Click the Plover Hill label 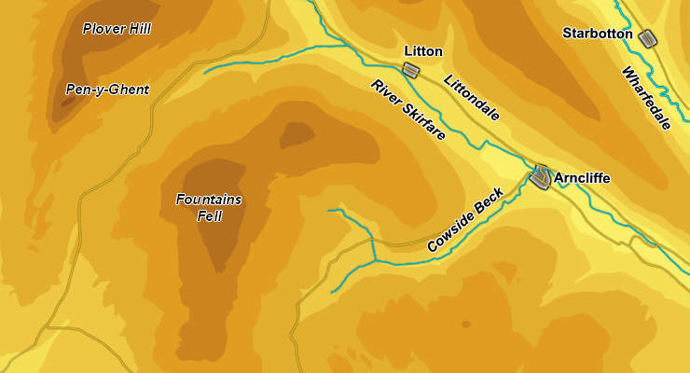(x=117, y=29)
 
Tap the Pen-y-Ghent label (x=107, y=90)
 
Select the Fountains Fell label (x=208, y=207)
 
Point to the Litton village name (x=423, y=51)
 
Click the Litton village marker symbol (x=410, y=70)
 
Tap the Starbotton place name (x=598, y=34)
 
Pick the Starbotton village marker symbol (x=647, y=37)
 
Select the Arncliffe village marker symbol (x=541, y=175)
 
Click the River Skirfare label (x=407, y=110)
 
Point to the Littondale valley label (x=472, y=98)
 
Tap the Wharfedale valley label (x=645, y=98)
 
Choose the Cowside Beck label (x=465, y=220)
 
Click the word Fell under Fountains (x=209, y=215)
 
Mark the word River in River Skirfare (x=384, y=91)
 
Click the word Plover (x=100, y=29)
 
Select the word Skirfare (x=421, y=120)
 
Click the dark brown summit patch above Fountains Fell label (x=297, y=133)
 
